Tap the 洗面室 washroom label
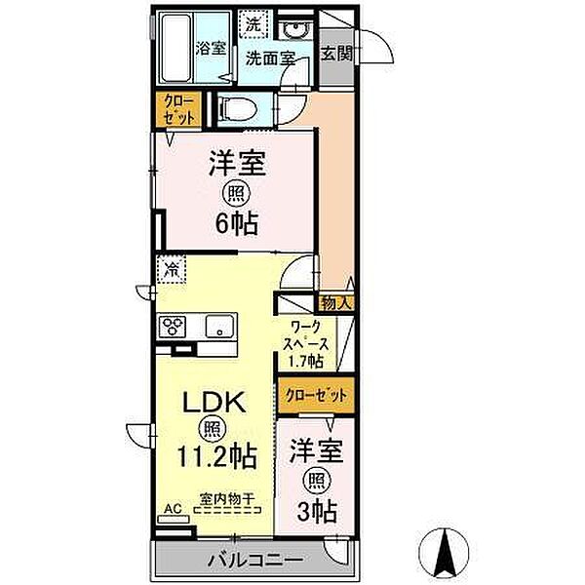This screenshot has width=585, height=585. [270, 58]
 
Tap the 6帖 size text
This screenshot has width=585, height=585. [236, 223]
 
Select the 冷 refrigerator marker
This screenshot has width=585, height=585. [172, 268]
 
